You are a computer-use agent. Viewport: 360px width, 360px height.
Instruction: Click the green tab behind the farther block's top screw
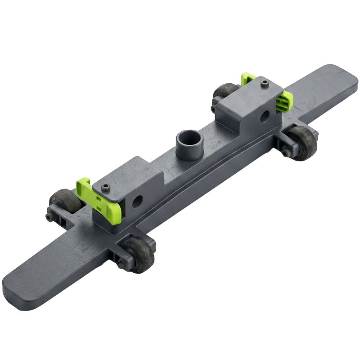pos(247,80)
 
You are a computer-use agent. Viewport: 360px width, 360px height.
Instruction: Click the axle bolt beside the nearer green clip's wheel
pos(49,217)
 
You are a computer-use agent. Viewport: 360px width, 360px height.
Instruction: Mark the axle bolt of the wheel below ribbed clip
pos(287,153)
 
